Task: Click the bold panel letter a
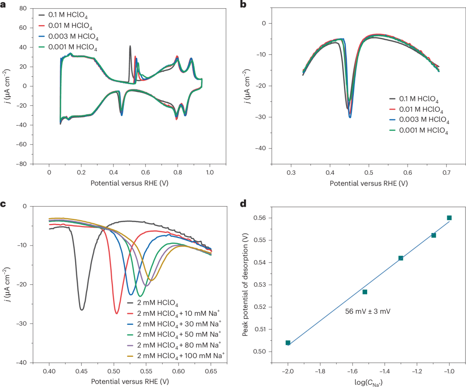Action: (x=4, y=5)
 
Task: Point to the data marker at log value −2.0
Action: (x=288, y=343)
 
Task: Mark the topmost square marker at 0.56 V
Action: (x=449, y=218)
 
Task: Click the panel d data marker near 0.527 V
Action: (x=365, y=292)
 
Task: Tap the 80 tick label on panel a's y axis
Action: (x=23, y=9)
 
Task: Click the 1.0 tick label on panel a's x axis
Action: (x=210, y=173)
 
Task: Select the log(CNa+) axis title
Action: (x=368, y=382)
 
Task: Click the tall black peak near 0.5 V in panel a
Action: (x=130, y=46)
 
